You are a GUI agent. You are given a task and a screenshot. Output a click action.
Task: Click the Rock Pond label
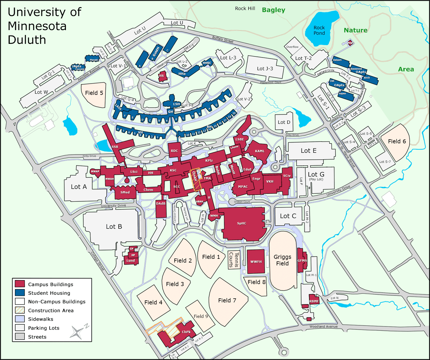click(319, 30)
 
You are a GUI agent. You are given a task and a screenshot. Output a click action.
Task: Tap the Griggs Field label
click(282, 260)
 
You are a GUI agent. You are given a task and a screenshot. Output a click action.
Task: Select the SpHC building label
click(242, 223)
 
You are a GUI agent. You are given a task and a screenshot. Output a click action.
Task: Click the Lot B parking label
click(114, 226)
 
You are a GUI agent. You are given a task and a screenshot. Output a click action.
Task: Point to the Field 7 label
click(227, 300)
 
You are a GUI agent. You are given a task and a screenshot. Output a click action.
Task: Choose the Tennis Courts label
click(234, 260)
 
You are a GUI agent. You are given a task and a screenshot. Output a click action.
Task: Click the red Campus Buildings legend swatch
click(20, 284)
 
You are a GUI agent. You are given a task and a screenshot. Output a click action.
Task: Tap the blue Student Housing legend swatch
click(20, 293)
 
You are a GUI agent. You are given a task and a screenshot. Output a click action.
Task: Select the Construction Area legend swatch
click(20, 310)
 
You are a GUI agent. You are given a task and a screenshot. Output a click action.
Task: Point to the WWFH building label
click(256, 262)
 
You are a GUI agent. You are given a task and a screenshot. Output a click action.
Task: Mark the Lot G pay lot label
click(316, 176)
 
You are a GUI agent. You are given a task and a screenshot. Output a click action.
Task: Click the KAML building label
click(260, 151)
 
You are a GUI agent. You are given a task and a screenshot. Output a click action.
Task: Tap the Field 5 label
click(94, 93)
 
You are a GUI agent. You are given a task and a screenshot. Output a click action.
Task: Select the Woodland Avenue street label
click(323, 326)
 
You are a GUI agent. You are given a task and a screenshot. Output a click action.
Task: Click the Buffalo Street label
click(223, 40)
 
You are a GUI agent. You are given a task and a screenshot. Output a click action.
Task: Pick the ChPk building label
click(186, 332)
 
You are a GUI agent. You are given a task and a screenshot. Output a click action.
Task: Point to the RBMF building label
click(314, 301)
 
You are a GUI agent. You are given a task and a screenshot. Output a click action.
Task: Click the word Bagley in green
click(273, 10)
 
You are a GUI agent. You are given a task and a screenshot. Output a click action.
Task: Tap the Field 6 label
click(397, 141)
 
